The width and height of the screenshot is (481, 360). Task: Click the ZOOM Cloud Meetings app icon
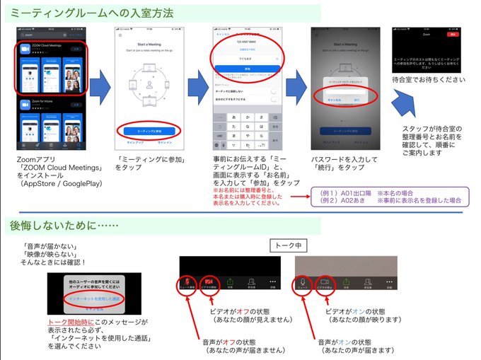pyautogui.click(x=25, y=50)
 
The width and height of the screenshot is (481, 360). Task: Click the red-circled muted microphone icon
pyautogui.click(x=187, y=283)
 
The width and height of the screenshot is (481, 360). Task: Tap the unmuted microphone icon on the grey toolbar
pyautogui.click(x=303, y=283)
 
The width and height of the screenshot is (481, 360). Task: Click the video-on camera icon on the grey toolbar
pyautogui.click(x=325, y=283)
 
